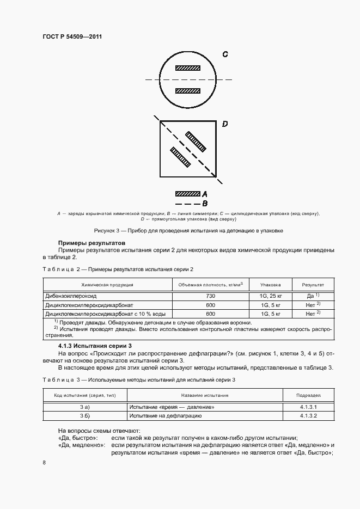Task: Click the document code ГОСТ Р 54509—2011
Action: coord(72,36)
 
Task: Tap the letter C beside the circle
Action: coord(224,54)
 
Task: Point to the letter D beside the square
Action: coord(224,125)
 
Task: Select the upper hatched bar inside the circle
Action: coord(187,69)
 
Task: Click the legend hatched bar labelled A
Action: coord(187,194)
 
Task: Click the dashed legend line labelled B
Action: coord(187,204)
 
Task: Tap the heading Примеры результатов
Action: coord(91,242)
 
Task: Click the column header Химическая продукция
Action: coord(107,284)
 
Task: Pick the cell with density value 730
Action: coord(210,295)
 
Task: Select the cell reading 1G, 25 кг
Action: coord(271,295)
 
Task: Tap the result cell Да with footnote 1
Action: coord(313,295)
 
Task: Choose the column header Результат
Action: coord(313,284)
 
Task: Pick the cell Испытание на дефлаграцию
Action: coord(166,416)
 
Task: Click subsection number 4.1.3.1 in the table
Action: coord(308,407)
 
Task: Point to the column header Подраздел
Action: coord(308,396)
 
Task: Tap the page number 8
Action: coord(44,462)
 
